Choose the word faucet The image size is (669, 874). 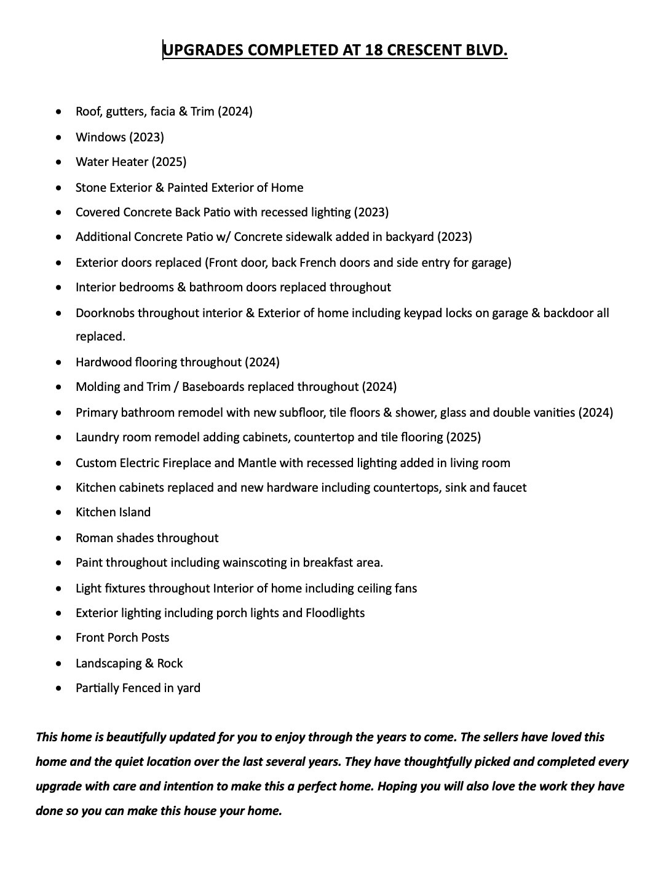[x=508, y=487]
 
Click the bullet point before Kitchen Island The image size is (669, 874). [x=58, y=513]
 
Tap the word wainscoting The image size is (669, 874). [x=252, y=562]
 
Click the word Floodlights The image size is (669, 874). [x=335, y=613]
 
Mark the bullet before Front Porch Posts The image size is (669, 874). [x=58, y=638]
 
